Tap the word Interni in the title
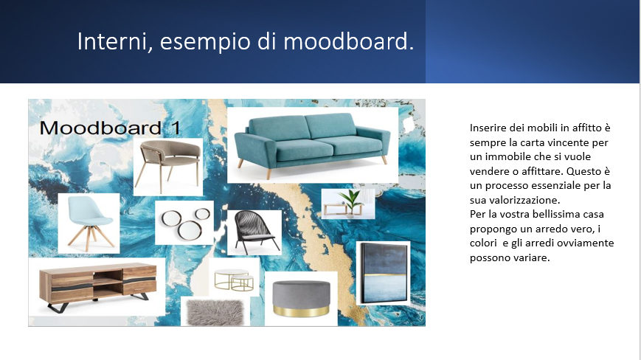(x=115, y=41)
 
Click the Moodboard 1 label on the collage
(x=110, y=128)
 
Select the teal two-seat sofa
(x=312, y=145)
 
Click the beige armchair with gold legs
(x=170, y=165)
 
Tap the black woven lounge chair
(x=254, y=232)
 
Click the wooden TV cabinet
(x=97, y=285)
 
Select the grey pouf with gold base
(x=301, y=299)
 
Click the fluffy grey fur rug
(x=215, y=313)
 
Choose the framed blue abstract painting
(x=384, y=272)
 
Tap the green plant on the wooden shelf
(x=351, y=201)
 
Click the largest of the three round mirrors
(x=190, y=229)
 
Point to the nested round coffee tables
(x=234, y=280)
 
